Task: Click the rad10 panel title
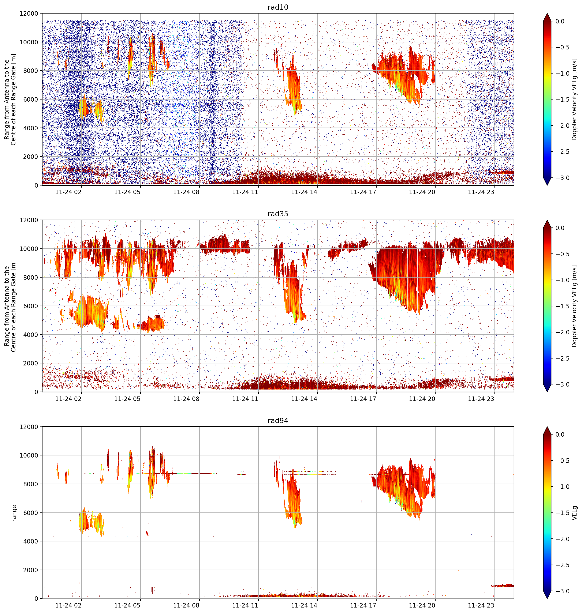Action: (x=278, y=7)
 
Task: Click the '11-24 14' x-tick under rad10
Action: (x=304, y=192)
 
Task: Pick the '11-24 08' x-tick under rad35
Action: (x=186, y=399)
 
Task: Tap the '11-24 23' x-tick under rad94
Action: (x=481, y=606)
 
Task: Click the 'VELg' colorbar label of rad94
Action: (x=575, y=513)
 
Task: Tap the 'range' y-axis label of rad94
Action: (x=14, y=513)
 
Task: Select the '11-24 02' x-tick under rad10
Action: (x=68, y=192)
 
